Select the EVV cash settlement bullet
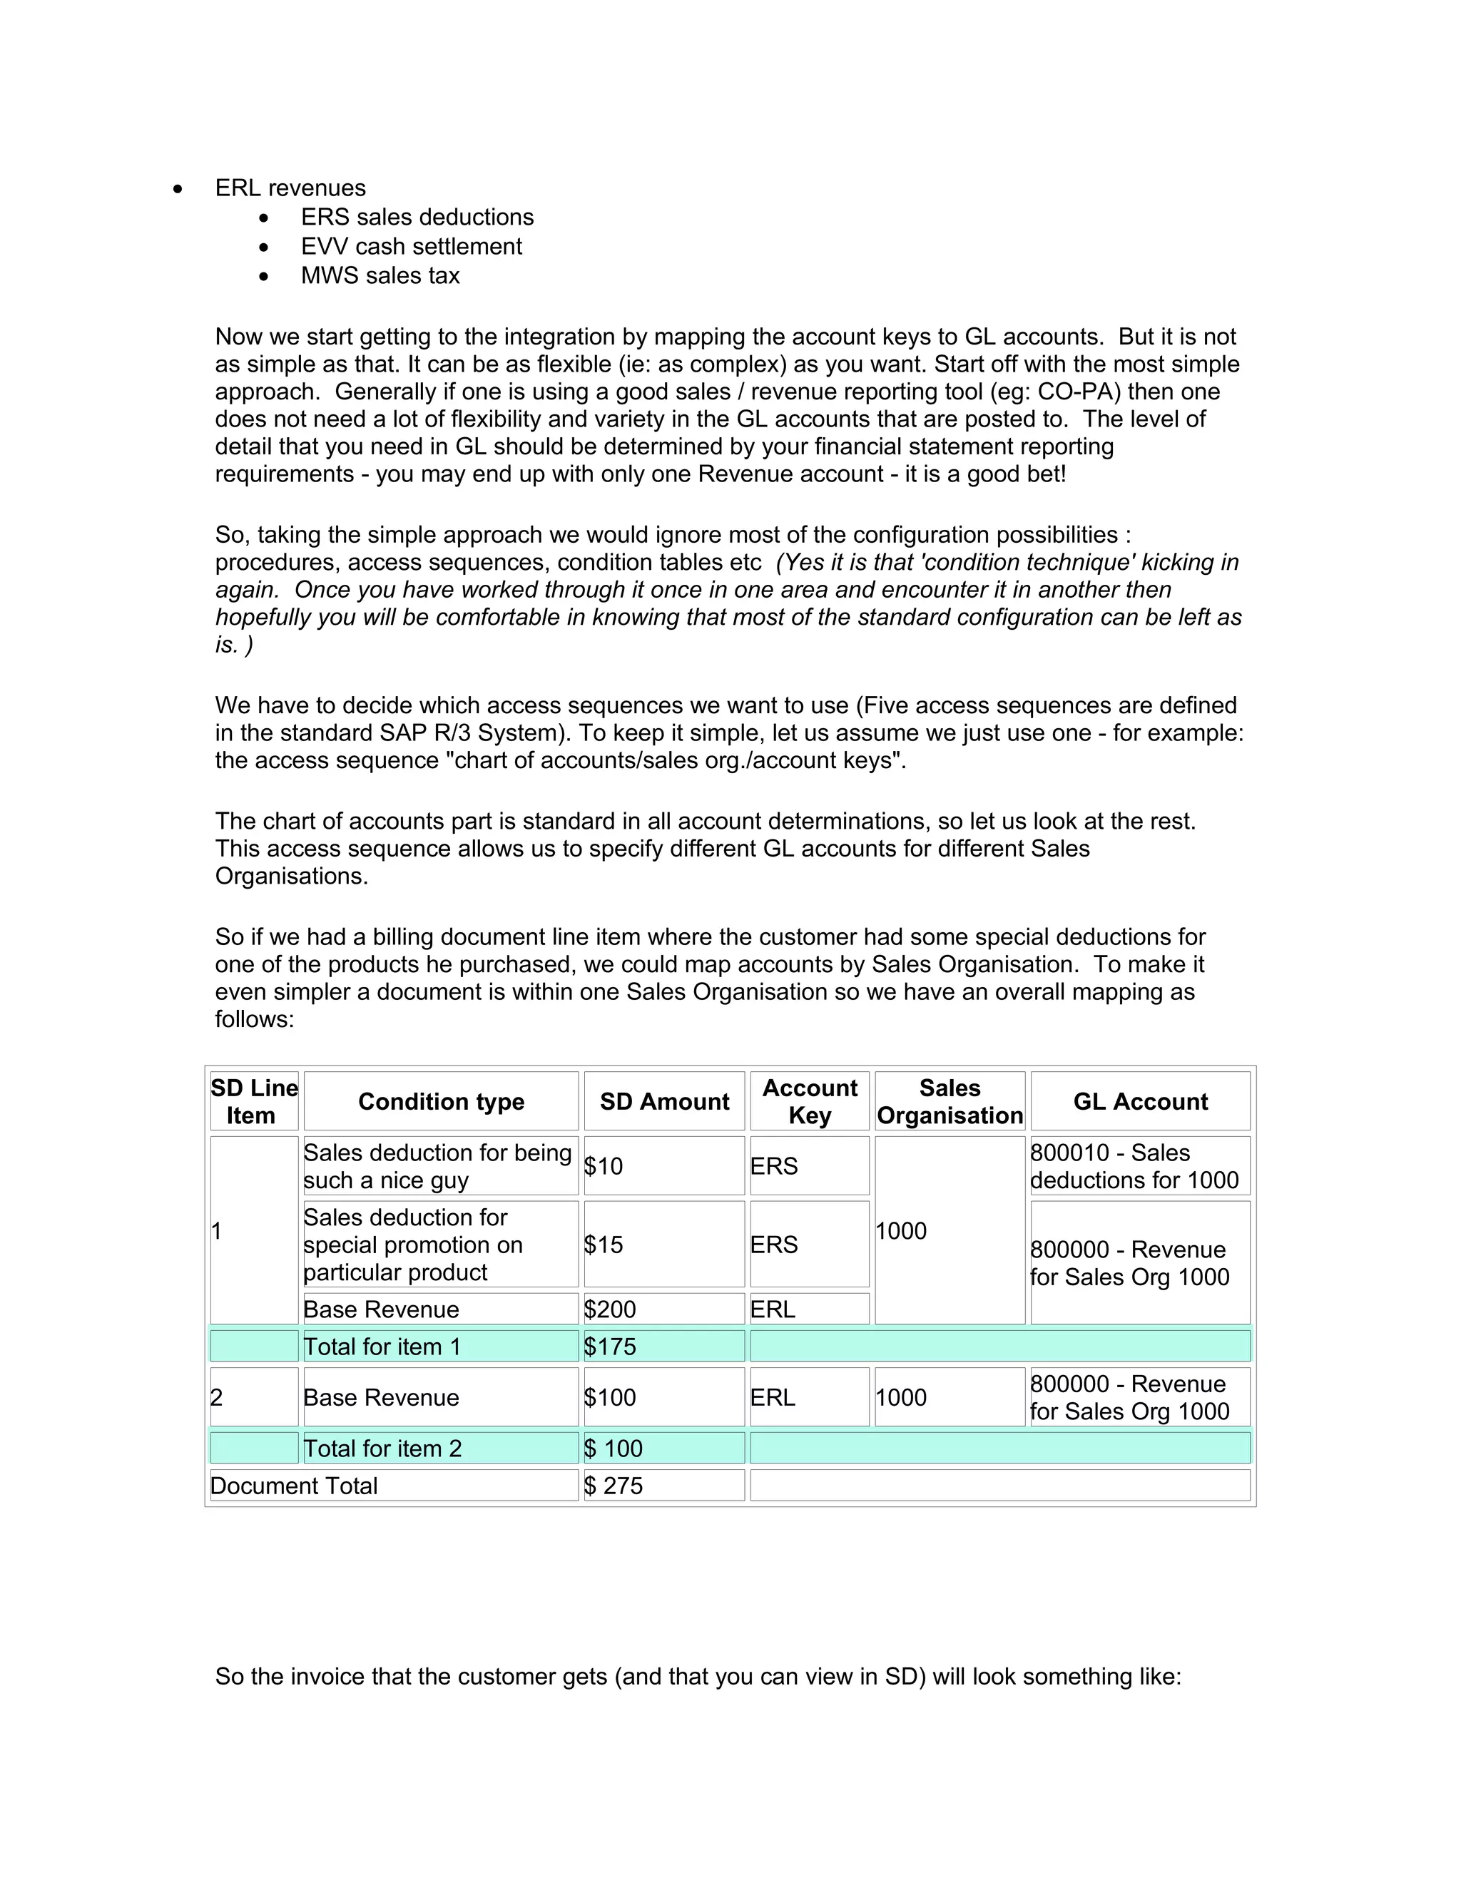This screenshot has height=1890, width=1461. click(411, 247)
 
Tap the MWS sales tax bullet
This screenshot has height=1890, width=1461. click(380, 276)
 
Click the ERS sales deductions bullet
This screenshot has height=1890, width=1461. click(417, 218)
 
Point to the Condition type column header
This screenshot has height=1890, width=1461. click(441, 1102)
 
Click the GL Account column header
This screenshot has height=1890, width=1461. click(1140, 1102)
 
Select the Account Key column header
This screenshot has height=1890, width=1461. click(809, 1102)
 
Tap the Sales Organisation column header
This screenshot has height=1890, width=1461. click(950, 1102)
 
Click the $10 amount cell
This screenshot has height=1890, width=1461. click(604, 1167)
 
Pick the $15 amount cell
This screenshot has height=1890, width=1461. click(604, 1245)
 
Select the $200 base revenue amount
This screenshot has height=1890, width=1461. click(610, 1309)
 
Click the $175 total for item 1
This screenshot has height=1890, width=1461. click(610, 1347)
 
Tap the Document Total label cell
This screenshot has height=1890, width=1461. click(295, 1486)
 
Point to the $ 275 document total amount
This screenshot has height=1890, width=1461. click(614, 1486)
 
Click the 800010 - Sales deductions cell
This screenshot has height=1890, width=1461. click(1134, 1167)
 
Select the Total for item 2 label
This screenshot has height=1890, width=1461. click(382, 1449)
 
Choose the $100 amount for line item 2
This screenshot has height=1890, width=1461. click(610, 1398)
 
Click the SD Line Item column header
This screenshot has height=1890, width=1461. click(253, 1102)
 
